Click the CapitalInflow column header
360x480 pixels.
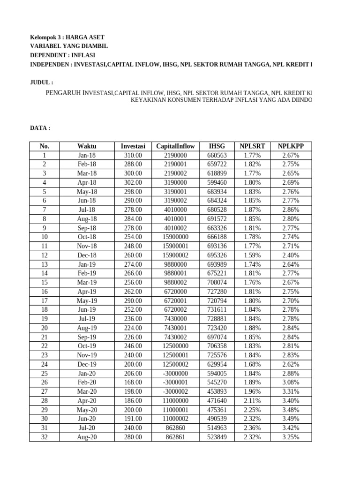coord(175,146)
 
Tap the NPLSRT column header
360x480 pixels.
coord(253,146)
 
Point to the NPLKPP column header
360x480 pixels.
coord(291,146)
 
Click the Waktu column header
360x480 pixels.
coord(87,146)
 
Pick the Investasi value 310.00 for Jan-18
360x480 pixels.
coord(133,155)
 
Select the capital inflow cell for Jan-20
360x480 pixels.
coord(175,373)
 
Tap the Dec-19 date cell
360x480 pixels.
coord(87,364)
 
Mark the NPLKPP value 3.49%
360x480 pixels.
coord(291,419)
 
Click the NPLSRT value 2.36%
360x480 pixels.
coord(253,428)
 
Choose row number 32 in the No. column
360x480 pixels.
coord(45,437)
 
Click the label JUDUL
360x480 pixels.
coord(42,82)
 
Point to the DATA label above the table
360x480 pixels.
coord(40,127)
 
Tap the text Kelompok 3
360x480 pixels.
coord(46,37)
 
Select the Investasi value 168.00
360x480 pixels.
coord(133,382)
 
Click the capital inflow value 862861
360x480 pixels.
coord(175,437)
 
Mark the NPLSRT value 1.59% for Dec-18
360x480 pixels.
coord(253,255)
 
